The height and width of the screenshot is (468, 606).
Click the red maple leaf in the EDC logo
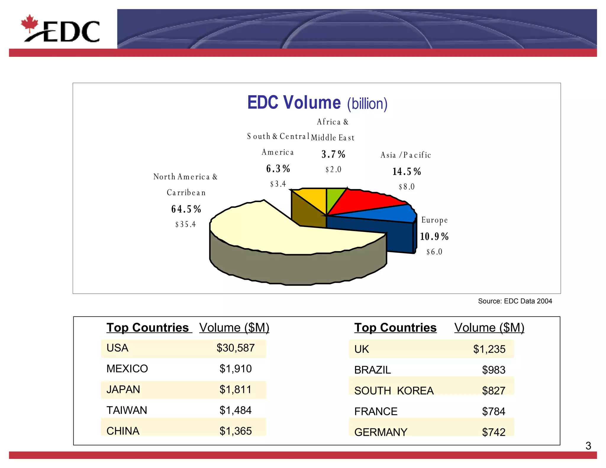[x=30, y=23]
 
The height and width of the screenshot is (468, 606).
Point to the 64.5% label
[x=186, y=209]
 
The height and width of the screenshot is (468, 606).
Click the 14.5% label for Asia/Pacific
[x=407, y=172]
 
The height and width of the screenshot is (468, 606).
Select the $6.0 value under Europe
[x=434, y=252]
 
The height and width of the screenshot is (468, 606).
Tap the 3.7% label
[x=333, y=154]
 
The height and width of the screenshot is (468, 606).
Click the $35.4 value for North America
[x=186, y=225]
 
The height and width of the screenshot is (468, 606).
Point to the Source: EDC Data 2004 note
[x=515, y=301]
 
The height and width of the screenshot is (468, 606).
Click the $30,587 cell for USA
[x=236, y=348]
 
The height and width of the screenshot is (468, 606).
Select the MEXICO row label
[x=127, y=369]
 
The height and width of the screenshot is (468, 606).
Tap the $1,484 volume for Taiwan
[x=236, y=410]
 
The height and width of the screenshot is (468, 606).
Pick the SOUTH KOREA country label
[x=394, y=391]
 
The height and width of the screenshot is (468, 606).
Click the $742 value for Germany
[x=494, y=432]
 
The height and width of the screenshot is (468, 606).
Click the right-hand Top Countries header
[x=395, y=327]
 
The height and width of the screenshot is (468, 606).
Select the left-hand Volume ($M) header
[x=234, y=327]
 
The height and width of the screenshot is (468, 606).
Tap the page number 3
[x=588, y=446]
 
